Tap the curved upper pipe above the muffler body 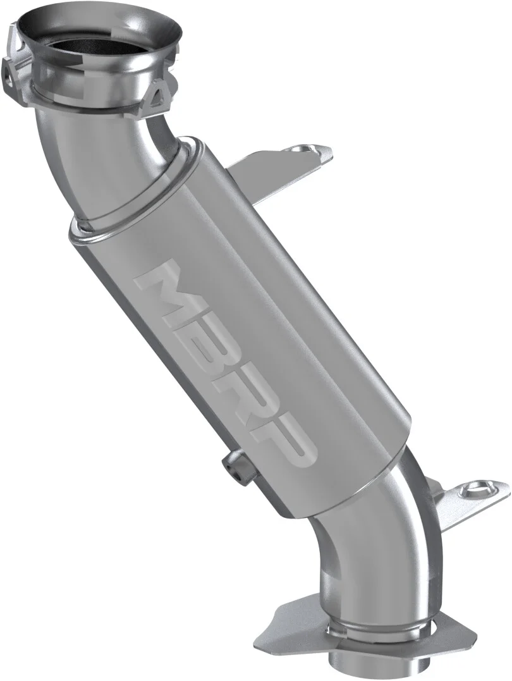(x=126, y=158)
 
